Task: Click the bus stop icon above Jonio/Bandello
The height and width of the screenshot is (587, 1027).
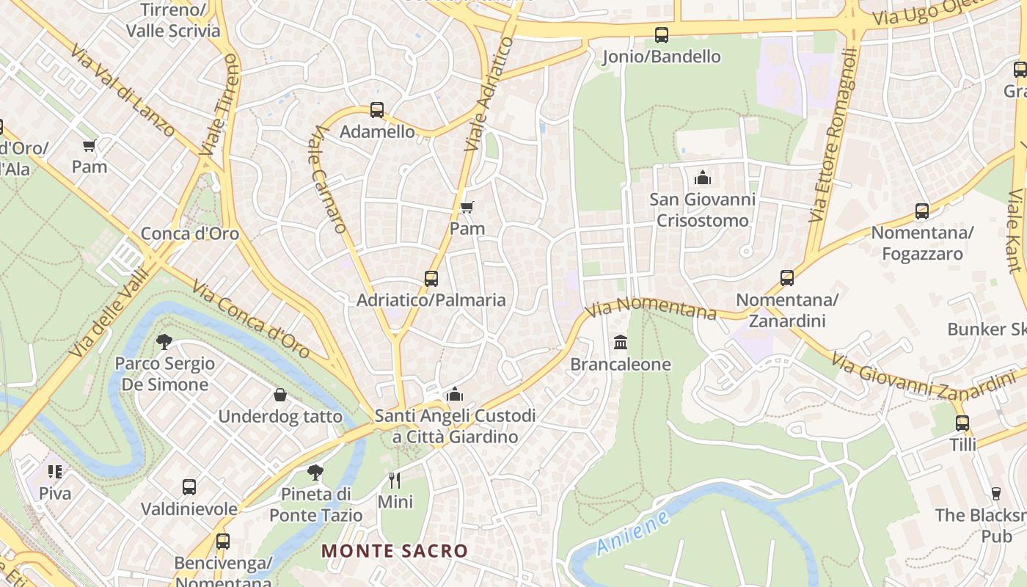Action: click(x=661, y=34)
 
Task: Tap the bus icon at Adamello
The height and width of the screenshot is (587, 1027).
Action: click(x=377, y=110)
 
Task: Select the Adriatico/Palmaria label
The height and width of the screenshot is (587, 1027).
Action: click(x=431, y=300)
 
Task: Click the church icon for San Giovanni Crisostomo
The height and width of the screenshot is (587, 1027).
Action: click(x=702, y=178)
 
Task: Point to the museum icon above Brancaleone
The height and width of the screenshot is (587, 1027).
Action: click(x=621, y=343)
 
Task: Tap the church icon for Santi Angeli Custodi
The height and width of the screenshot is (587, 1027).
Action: click(x=455, y=395)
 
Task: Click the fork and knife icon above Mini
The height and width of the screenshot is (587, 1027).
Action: click(x=395, y=481)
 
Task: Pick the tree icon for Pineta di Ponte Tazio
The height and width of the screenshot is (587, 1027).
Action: click(x=315, y=472)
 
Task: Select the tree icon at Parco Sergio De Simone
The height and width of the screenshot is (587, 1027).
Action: click(x=164, y=341)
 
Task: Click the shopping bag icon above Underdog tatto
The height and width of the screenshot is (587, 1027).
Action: click(x=280, y=395)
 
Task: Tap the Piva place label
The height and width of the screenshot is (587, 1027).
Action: click(x=55, y=493)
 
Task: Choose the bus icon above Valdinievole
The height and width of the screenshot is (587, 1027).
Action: click(x=189, y=487)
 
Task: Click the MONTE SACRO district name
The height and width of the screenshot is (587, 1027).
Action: click(x=394, y=550)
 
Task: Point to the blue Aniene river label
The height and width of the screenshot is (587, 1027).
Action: click(x=632, y=533)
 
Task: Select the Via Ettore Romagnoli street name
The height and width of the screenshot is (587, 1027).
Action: click(x=833, y=136)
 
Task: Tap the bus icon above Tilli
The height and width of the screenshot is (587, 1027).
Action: click(x=962, y=423)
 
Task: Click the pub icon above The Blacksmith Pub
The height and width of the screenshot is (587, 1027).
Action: click(x=995, y=494)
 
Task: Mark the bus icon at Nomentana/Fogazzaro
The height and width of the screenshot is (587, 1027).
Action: click(x=922, y=212)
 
